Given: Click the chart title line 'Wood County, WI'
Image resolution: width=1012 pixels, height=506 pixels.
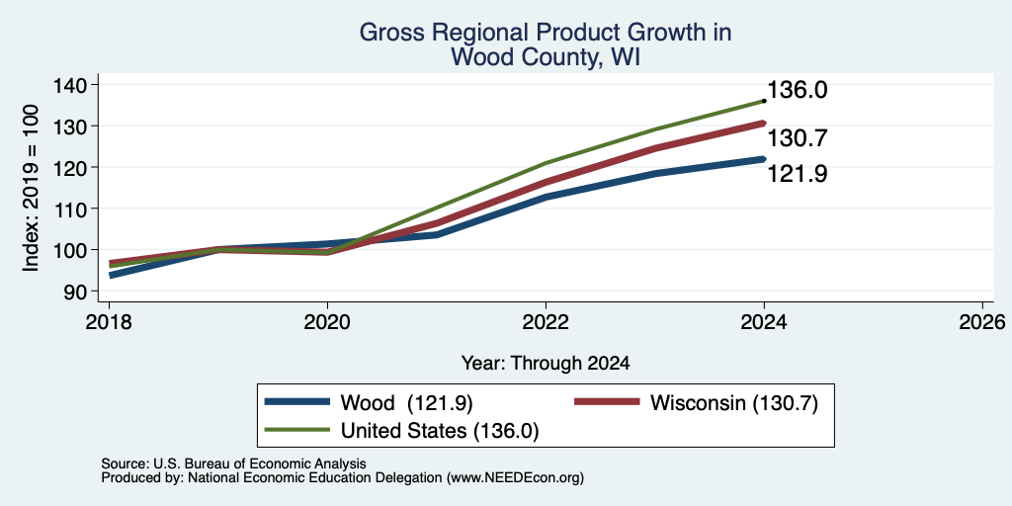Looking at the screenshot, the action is tap(546, 56).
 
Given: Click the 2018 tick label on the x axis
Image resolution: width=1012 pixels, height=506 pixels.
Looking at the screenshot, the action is tap(109, 321).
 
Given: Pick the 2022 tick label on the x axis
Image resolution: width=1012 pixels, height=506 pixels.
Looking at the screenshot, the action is tap(546, 321).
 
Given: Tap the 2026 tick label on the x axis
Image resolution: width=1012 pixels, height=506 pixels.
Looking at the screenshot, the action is tap(982, 321).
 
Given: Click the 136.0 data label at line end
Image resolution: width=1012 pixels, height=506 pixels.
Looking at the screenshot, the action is tap(798, 90).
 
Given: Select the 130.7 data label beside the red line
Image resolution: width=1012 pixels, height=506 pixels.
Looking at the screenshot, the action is tap(798, 138).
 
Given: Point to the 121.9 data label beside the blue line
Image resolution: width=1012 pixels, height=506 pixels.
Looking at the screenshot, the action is tap(798, 174).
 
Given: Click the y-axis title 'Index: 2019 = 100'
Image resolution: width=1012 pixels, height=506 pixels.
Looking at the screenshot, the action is tap(31, 188).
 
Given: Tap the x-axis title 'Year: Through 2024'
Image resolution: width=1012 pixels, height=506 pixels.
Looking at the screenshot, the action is tap(546, 364).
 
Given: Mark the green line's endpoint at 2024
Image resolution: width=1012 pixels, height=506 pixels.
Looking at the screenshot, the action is tap(764, 101).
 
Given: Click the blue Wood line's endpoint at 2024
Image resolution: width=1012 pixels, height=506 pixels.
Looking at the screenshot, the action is tap(764, 159).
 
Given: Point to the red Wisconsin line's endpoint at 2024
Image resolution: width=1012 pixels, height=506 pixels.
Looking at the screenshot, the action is tap(764, 123).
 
